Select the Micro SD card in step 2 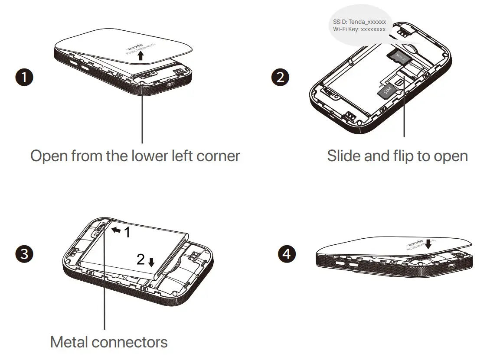(398, 55)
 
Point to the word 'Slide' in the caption (344, 156)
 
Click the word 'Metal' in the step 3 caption (71, 342)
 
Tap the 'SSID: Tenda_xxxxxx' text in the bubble (359, 21)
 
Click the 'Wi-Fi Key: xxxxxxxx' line (359, 29)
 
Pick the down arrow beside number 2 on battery (151, 262)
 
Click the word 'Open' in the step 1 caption (48, 156)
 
